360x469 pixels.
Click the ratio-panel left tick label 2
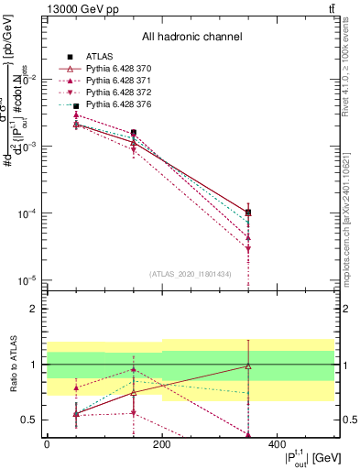(33, 309)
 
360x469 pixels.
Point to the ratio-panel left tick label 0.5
(29, 420)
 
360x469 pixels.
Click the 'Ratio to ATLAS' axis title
(12, 364)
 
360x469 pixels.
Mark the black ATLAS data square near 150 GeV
(134, 133)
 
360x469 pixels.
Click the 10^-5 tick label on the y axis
(30, 279)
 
